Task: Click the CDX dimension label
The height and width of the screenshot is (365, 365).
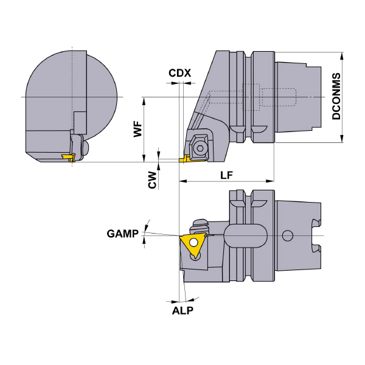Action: click(179, 73)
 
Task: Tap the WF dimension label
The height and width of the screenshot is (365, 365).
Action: click(138, 130)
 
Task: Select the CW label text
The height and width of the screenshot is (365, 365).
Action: click(153, 179)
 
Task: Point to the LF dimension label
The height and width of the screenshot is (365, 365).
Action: click(226, 175)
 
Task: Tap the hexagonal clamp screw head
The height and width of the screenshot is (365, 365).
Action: click(199, 146)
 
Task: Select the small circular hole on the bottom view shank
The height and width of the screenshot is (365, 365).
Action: click(288, 235)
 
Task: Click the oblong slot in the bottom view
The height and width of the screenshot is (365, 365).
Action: click(246, 235)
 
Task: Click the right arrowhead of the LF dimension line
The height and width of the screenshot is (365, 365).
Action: click(271, 181)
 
